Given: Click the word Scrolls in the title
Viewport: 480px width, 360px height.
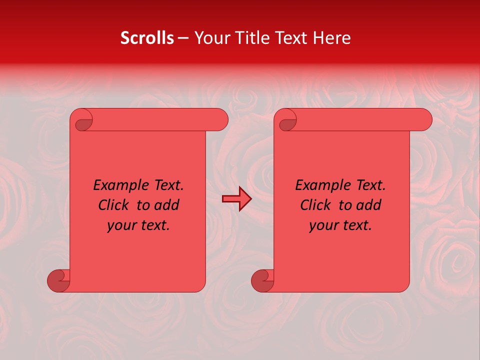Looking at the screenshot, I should tap(147, 38).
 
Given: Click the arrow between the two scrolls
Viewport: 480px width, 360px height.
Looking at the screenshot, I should tap(236, 199).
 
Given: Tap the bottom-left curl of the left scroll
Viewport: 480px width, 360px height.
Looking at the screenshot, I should tap(58, 280).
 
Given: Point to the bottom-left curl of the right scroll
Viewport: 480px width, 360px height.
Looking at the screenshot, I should tap(262, 280).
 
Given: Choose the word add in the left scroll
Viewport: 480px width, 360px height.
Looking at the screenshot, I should tap(166, 205).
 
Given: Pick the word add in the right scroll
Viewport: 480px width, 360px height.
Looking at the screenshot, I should tap(368, 205).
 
